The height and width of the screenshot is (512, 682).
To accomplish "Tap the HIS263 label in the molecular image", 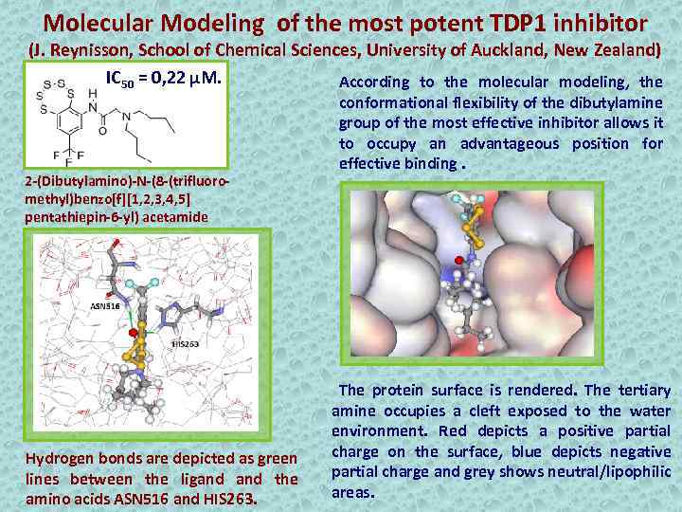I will [x=185, y=344].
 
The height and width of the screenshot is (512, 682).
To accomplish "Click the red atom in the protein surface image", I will [x=460, y=259].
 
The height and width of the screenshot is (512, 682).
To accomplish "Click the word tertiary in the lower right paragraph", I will [x=642, y=390].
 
